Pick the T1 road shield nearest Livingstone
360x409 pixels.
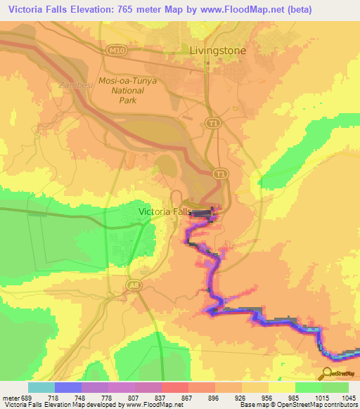coord(211,122)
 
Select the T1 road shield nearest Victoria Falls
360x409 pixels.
coord(220,173)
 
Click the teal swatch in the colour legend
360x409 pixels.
coord(41,387)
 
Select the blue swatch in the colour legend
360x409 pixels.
coord(68,387)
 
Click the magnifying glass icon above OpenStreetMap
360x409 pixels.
coord(328,373)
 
